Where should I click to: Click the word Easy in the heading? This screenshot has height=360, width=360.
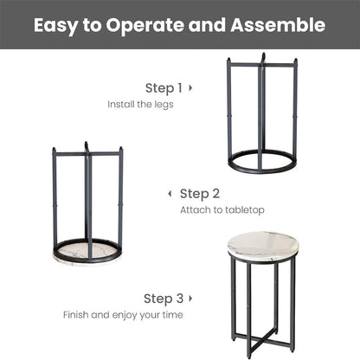pos(57,24)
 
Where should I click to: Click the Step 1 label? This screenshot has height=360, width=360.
pos(163,87)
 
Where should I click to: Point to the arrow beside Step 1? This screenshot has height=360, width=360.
pos(190,87)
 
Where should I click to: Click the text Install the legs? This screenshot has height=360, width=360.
pos(140,104)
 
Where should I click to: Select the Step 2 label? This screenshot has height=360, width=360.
pos(200,193)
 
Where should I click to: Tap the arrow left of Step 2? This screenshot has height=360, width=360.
pos(170,193)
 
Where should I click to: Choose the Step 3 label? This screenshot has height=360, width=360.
pos(163,299)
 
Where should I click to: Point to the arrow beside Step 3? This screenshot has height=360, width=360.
pos(190,299)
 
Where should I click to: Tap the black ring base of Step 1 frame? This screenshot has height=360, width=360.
pos(262,161)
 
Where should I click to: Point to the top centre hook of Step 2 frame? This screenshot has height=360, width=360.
pos(87,146)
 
